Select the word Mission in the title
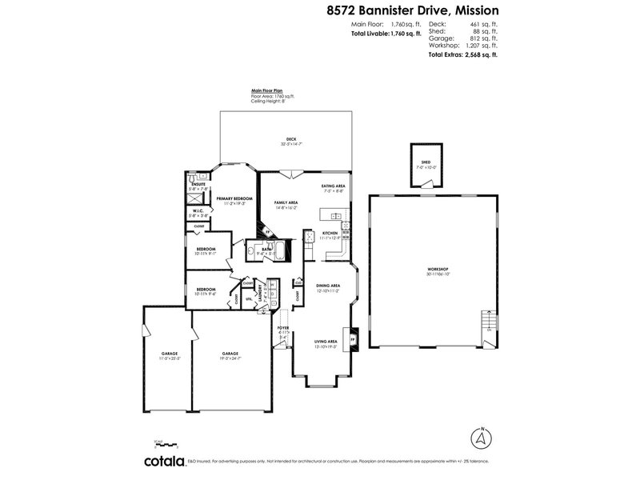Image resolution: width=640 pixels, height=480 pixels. (x=471, y=11)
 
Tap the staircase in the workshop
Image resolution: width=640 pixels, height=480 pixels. (x=485, y=323)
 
